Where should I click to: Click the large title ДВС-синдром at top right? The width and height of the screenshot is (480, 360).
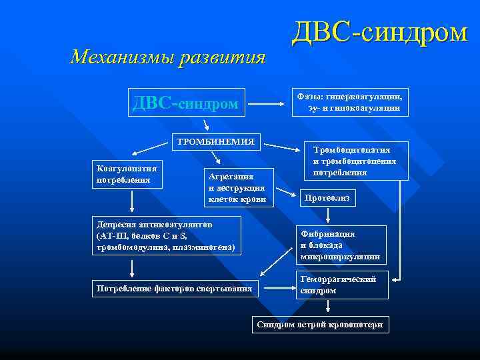pos(381,33)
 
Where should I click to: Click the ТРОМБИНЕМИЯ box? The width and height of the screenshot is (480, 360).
pos(215,141)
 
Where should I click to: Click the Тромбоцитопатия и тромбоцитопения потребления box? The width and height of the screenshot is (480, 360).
pos(355,161)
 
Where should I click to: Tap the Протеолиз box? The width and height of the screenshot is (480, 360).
pos(327,198)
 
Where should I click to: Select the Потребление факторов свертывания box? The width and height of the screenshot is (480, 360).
pos(175,288)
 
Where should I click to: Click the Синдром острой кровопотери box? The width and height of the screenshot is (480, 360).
pos(321,324)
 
